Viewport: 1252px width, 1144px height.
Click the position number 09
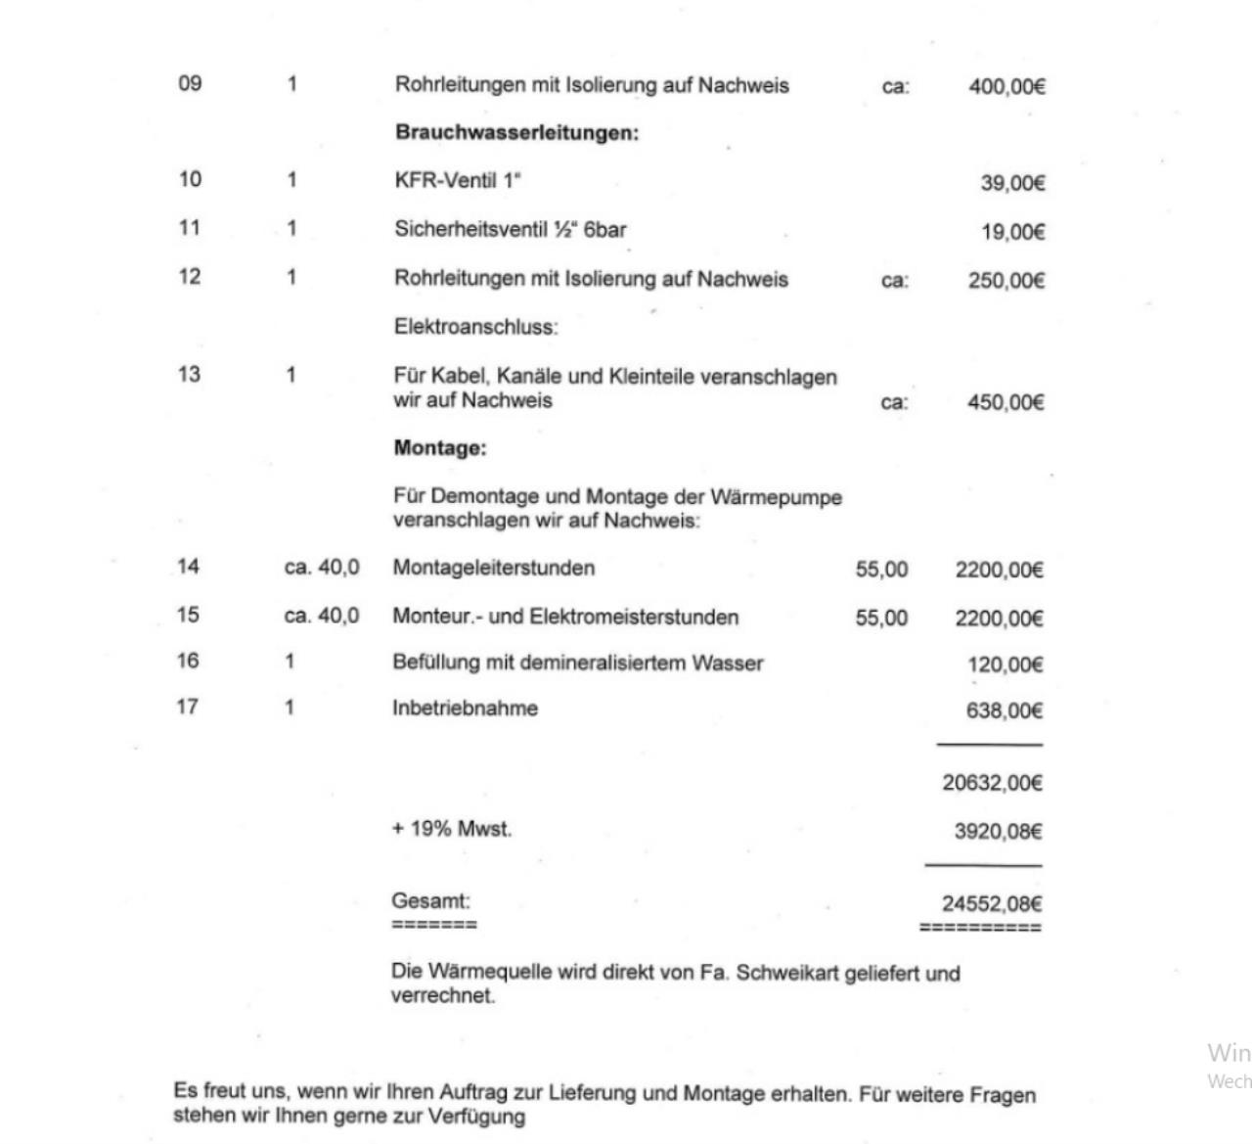point(190,83)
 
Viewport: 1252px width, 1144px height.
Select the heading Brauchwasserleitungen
point(516,132)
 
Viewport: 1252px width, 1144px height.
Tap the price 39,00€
point(1012,183)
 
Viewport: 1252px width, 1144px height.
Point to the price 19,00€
point(1012,232)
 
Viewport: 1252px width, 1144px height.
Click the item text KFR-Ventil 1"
point(458,180)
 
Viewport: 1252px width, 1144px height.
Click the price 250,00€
point(1006,281)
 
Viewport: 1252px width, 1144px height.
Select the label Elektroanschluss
point(475,327)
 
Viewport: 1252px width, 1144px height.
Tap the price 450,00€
point(1006,402)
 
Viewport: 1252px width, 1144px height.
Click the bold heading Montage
point(439,448)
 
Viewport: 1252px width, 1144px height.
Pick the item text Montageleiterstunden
point(493,568)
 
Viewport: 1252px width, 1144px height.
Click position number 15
point(188,615)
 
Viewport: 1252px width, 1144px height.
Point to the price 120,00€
point(1005,664)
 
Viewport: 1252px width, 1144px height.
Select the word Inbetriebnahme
point(465,708)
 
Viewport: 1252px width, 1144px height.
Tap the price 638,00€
point(1004,710)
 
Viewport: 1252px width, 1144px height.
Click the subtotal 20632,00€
point(992,783)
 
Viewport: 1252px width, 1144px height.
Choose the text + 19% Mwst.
point(451,829)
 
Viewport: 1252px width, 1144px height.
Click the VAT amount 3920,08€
point(998,832)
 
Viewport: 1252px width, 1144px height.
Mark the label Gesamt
point(430,900)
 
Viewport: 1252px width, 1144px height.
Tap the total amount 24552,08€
point(992,904)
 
